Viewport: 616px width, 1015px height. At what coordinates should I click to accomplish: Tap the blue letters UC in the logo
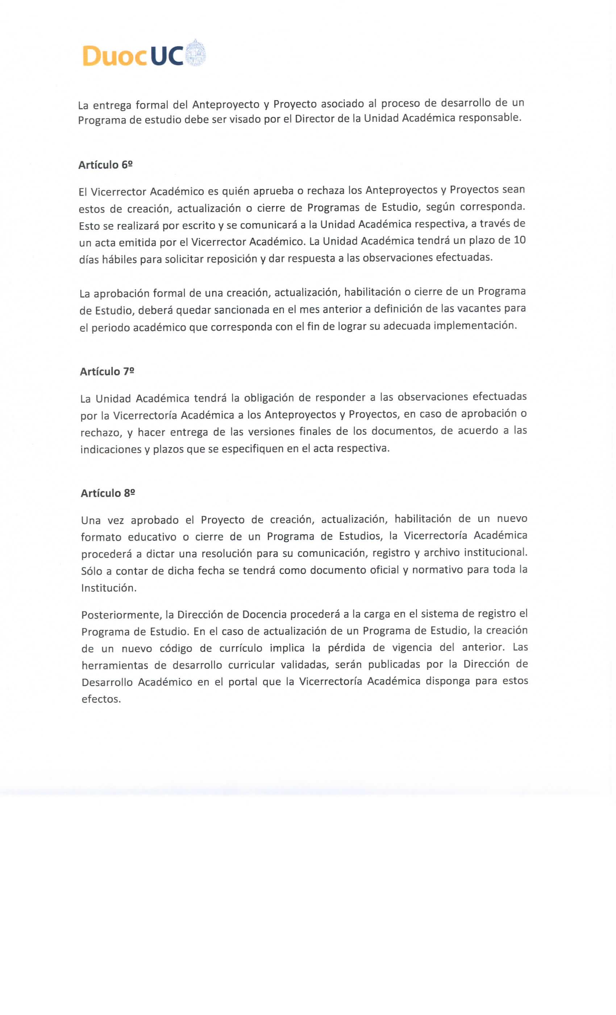pyautogui.click(x=167, y=55)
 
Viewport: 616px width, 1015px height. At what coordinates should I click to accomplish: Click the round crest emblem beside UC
pyautogui.click(x=196, y=54)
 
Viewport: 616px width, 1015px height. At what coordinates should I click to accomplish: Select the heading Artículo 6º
pyautogui.click(x=105, y=165)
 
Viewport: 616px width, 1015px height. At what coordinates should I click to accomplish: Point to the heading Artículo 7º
pyautogui.click(x=107, y=371)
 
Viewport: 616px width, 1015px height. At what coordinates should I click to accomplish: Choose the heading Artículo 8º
pyautogui.click(x=108, y=493)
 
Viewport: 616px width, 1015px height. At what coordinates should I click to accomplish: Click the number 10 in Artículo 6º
pyautogui.click(x=520, y=240)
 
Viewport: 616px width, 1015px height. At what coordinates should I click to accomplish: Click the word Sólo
pyautogui.click(x=91, y=571)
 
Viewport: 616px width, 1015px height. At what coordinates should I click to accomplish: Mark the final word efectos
pyautogui.click(x=101, y=699)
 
